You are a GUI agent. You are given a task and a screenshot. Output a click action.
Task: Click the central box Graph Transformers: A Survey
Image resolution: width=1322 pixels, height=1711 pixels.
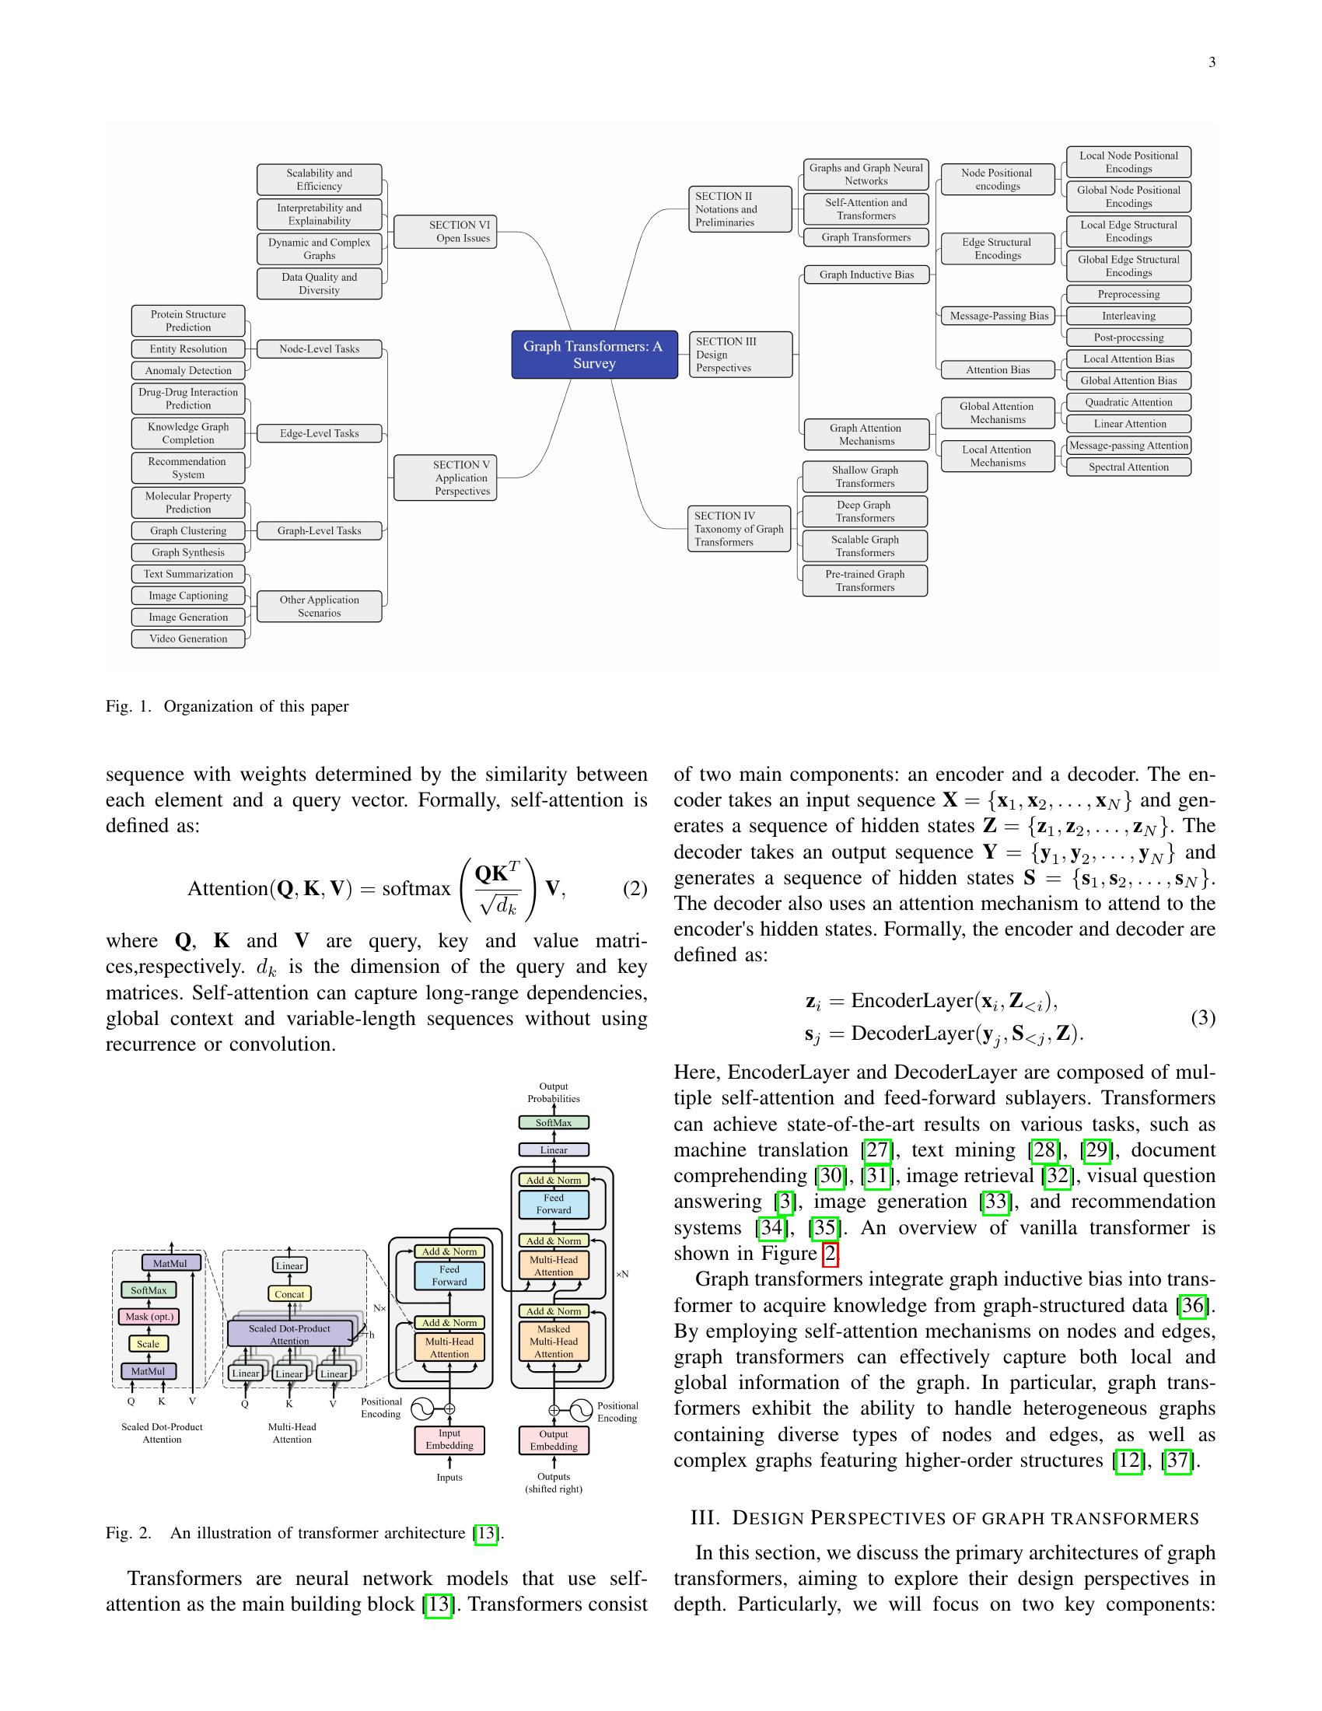tap(593, 354)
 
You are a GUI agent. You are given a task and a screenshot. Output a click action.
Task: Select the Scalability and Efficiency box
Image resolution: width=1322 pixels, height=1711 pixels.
tap(319, 180)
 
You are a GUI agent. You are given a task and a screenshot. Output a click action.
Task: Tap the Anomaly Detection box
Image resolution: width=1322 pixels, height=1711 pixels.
tap(188, 370)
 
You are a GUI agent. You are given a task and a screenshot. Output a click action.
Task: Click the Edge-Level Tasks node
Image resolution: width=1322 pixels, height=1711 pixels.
tap(319, 433)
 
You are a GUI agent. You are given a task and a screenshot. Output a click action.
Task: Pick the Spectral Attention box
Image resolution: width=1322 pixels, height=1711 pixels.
tap(1128, 467)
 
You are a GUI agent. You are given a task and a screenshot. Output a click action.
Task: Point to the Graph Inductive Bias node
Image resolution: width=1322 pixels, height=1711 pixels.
tap(866, 275)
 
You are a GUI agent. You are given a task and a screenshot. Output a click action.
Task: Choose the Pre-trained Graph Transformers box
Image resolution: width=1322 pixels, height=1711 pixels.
tap(865, 580)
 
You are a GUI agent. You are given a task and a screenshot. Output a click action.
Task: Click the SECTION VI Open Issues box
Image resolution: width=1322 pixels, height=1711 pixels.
tap(445, 232)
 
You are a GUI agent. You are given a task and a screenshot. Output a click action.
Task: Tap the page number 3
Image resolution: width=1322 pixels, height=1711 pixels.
tap(1212, 63)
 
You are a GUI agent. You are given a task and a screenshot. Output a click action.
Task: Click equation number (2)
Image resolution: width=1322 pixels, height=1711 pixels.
tap(635, 888)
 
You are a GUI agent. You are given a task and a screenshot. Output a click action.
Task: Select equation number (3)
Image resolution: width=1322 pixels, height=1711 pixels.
tap(1203, 1018)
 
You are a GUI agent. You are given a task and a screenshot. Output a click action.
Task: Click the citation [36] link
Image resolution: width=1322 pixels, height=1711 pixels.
tap(1193, 1305)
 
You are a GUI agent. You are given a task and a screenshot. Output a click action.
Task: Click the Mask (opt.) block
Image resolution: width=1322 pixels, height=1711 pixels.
tap(149, 1316)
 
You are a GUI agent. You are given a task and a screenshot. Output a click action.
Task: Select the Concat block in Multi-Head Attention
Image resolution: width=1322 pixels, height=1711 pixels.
tap(289, 1294)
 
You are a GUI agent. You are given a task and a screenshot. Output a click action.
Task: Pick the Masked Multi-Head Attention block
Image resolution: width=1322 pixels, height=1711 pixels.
tap(554, 1342)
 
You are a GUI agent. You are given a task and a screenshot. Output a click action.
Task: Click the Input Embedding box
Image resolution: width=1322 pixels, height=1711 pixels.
tap(449, 1439)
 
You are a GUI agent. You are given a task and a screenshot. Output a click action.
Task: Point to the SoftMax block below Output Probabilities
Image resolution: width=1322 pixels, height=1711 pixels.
tap(554, 1122)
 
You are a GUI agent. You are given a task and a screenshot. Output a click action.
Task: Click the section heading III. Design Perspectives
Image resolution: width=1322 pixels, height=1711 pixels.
tap(945, 1517)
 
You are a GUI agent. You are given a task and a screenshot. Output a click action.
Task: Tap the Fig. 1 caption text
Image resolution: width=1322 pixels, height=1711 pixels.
tap(227, 707)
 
